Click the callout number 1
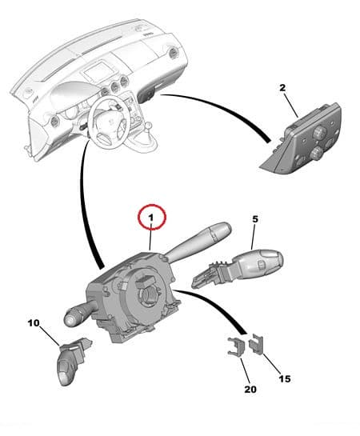[150, 218]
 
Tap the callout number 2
[282, 88]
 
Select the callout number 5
[255, 219]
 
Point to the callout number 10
[34, 323]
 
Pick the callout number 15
[285, 378]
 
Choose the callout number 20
[250, 390]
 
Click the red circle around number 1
[152, 217]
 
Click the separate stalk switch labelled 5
[238, 267]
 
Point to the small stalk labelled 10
[72, 360]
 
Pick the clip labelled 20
[236, 347]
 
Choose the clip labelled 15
[256, 344]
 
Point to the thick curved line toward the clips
[220, 304]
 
